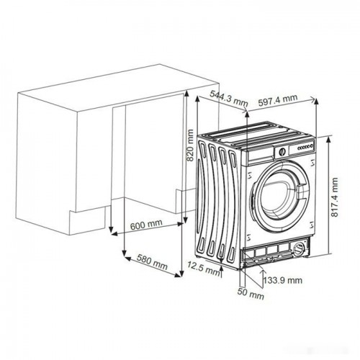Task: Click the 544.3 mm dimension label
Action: (x=229, y=98)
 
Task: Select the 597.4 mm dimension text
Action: (x=278, y=100)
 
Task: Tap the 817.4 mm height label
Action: (x=334, y=197)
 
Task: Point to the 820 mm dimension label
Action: (x=190, y=145)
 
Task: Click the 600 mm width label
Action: (x=146, y=225)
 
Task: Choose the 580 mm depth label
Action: (x=152, y=262)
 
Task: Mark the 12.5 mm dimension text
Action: (x=204, y=269)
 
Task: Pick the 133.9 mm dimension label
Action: (x=283, y=280)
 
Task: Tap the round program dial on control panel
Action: (x=282, y=152)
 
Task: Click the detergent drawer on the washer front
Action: (x=260, y=155)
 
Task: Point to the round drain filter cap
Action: (x=299, y=248)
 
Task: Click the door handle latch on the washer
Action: (x=300, y=191)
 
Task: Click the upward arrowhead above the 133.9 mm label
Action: (x=263, y=271)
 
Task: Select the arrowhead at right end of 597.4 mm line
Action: (x=312, y=99)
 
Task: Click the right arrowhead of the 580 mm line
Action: (x=178, y=275)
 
